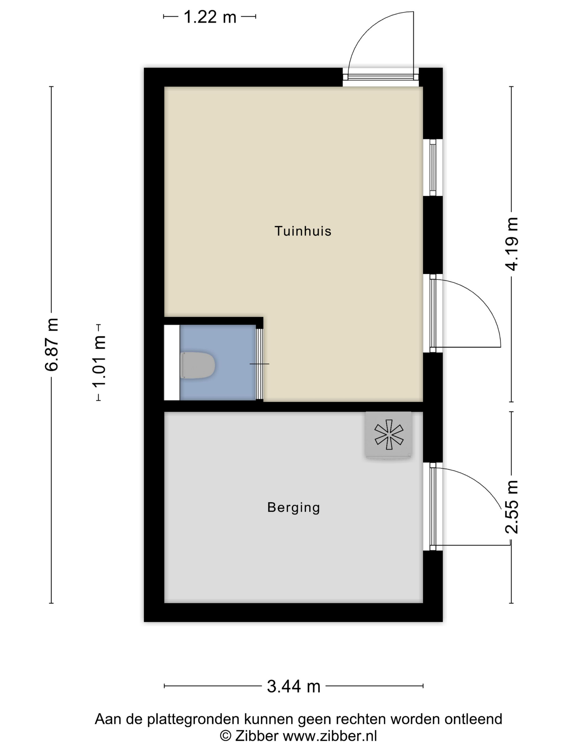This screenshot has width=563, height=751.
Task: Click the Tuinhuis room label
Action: [302, 231]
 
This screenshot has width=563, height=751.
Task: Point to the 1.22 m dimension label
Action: [209, 17]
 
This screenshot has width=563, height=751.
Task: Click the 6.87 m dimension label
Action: [52, 345]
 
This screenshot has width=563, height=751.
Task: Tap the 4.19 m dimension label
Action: [512, 244]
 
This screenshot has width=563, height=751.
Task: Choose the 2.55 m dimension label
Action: [512, 507]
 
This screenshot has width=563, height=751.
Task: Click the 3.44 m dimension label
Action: [294, 686]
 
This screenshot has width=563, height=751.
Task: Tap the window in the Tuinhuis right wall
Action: [432, 167]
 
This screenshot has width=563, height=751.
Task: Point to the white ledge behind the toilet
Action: [172, 362]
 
